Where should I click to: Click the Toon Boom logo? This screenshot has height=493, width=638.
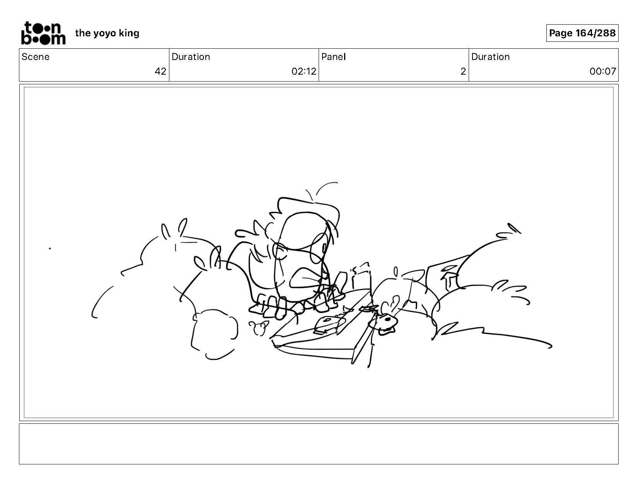tap(43, 33)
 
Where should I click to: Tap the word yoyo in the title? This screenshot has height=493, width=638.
tap(105, 34)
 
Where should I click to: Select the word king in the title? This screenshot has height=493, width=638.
tap(129, 33)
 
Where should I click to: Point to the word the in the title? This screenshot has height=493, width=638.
tap(83, 33)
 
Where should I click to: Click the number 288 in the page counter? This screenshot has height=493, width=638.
tap(606, 33)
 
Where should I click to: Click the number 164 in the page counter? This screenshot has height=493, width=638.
tap(584, 33)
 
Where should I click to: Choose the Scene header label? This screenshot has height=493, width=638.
tap(36, 57)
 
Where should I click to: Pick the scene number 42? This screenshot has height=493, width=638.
tap(160, 72)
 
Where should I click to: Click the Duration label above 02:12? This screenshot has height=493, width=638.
tap(191, 57)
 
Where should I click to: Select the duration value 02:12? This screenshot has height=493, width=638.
tap(304, 72)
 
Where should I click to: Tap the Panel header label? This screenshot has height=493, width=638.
tap(334, 57)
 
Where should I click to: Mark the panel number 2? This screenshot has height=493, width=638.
tap(463, 72)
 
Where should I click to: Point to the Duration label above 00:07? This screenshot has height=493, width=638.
tap(490, 57)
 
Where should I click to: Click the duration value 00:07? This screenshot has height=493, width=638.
tap(603, 72)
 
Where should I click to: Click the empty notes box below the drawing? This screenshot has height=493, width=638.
tap(319, 444)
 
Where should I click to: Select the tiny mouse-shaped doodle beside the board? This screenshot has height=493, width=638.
tap(259, 328)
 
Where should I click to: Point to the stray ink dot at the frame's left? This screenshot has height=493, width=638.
tap(50, 248)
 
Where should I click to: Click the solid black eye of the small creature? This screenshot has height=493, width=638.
tap(387, 319)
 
